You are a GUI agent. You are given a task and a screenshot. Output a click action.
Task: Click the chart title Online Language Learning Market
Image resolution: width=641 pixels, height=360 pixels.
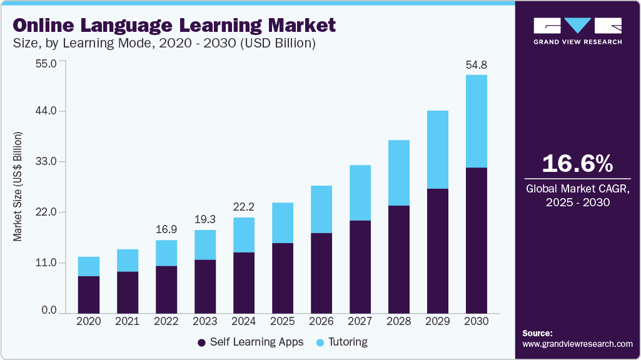[x=174, y=25]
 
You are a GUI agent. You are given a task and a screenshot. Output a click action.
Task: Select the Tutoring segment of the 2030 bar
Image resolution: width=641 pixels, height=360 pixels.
[x=476, y=121]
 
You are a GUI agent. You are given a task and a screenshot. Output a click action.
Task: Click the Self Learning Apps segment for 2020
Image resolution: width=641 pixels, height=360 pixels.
[x=89, y=294]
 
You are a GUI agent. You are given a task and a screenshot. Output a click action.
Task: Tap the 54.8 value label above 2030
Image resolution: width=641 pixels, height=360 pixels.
[x=476, y=64]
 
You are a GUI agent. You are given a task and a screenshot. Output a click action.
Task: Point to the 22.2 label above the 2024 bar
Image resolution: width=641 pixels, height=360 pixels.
[x=243, y=207]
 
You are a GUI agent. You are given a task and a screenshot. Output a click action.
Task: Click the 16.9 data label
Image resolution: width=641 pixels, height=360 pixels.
[x=166, y=229]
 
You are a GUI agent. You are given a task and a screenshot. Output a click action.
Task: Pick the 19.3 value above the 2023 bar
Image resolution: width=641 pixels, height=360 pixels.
[x=204, y=219]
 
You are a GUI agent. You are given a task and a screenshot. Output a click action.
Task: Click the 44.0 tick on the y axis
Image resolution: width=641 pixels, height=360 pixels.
[x=46, y=111]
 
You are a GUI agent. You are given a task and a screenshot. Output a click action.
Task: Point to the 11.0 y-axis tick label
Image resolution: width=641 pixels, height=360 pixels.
[x=46, y=262]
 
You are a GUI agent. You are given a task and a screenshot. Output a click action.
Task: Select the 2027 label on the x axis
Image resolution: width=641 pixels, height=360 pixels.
[x=360, y=321]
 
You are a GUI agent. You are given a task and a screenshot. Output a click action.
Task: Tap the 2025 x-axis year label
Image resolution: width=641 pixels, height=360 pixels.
[x=282, y=321]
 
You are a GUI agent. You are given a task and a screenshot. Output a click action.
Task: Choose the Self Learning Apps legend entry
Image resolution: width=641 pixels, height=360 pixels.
[x=250, y=342]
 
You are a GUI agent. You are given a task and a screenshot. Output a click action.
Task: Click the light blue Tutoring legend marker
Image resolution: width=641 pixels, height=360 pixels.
[x=321, y=342]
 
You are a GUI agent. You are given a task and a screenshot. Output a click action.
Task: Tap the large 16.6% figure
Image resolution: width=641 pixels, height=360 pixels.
[x=577, y=164]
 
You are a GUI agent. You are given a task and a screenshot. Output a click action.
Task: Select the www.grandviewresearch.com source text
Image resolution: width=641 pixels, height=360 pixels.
[x=577, y=344]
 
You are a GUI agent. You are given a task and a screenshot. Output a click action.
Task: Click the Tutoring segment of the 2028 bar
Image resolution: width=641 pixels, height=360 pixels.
[x=398, y=172]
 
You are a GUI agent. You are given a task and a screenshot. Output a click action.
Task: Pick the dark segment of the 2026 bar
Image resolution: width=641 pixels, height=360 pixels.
[x=321, y=273]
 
